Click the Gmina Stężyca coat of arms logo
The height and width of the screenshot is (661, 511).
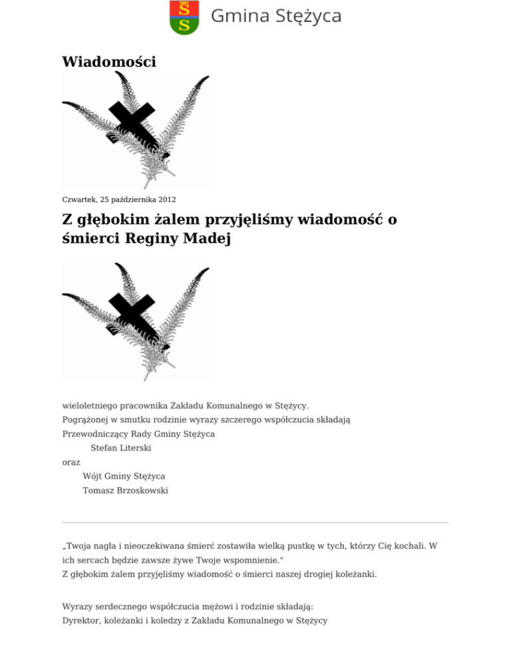coord(184,17)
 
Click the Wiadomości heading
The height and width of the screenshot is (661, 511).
coord(108,62)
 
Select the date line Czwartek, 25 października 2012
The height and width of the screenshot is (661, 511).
coord(119,199)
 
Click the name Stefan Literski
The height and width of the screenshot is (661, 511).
coord(120,448)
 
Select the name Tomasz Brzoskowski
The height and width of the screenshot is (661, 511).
coord(125,491)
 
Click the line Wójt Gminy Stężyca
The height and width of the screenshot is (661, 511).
coord(124,476)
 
